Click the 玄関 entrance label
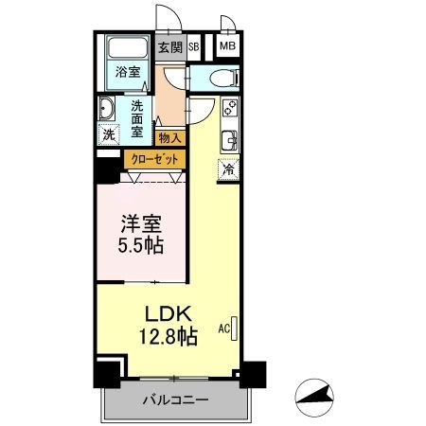pyautogui.click(x=170, y=47)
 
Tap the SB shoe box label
pyautogui.click(x=194, y=47)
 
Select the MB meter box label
pyautogui.click(x=228, y=46)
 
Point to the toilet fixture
pyautogui.click(x=224, y=78)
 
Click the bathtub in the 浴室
pyautogui.click(x=128, y=48)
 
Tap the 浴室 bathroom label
pyautogui.click(x=128, y=72)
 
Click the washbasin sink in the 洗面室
pyautogui.click(x=106, y=109)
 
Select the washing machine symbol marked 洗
pyautogui.click(x=109, y=134)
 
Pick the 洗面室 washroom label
pyautogui.click(x=137, y=119)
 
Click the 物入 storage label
pyautogui.click(x=169, y=138)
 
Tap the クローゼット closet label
pyautogui.click(x=154, y=160)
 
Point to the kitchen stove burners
pyautogui.click(x=230, y=108)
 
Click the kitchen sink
pyautogui.click(x=230, y=140)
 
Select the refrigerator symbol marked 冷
pyautogui.click(x=228, y=169)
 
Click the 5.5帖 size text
pyautogui.click(x=141, y=246)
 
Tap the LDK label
pyautogui.click(x=169, y=314)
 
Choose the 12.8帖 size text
pyautogui.click(x=169, y=337)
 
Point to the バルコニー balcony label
pyautogui.click(x=176, y=400)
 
